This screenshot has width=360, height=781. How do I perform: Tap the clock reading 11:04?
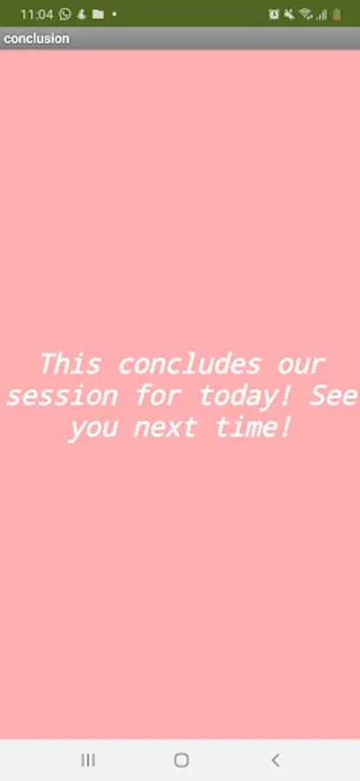click(36, 14)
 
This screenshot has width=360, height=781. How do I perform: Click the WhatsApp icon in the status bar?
click(65, 14)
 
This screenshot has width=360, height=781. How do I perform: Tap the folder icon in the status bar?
click(98, 14)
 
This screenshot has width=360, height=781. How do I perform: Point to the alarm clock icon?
click(274, 15)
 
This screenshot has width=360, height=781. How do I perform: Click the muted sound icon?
click(289, 15)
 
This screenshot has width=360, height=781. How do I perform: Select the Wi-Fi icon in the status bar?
click(305, 15)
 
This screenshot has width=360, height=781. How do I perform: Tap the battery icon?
click(337, 15)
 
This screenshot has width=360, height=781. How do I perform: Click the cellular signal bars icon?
click(321, 15)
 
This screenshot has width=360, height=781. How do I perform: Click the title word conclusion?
click(36, 38)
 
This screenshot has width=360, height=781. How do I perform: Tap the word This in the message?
click(70, 364)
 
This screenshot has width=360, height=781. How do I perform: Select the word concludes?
click(189, 364)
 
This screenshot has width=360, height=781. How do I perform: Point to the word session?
click(62, 397)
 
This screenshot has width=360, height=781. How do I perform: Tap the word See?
click(333, 396)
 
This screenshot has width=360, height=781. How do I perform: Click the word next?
click(165, 428)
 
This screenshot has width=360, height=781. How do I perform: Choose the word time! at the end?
click(252, 427)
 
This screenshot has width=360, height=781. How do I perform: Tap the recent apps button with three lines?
click(88, 760)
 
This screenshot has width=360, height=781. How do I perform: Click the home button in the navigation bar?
click(181, 760)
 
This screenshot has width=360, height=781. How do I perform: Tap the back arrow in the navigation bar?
click(275, 760)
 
